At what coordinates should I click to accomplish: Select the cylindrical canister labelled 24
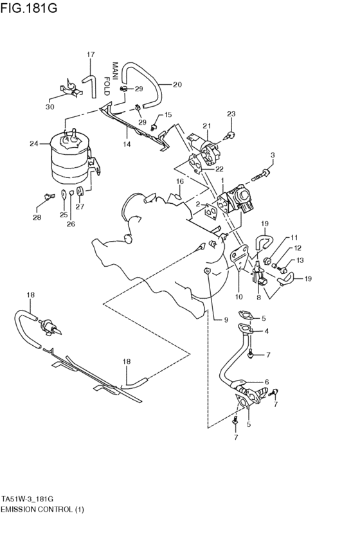click(68, 161)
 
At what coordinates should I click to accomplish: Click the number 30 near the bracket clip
click(50, 107)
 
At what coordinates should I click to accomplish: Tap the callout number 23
click(231, 114)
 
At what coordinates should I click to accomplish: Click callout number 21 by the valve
click(207, 125)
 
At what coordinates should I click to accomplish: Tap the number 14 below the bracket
click(127, 145)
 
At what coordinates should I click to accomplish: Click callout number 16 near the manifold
click(181, 182)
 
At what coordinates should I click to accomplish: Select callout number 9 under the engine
click(226, 319)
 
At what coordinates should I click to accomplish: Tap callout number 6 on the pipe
click(266, 381)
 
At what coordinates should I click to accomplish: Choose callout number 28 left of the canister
click(37, 217)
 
